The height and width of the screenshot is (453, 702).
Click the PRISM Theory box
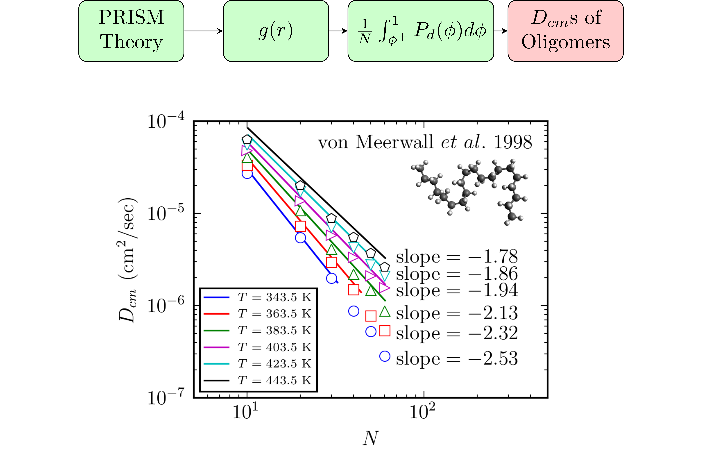coord(131,31)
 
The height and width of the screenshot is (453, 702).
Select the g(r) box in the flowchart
coord(276,31)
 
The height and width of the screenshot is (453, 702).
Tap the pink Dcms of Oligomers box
coord(565,31)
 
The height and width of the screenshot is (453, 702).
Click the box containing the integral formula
coord(421,31)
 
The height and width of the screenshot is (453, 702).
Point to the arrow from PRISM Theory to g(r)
coord(203,31)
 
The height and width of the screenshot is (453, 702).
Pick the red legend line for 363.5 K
coord(216,314)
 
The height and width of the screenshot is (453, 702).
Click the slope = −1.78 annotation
coord(457,257)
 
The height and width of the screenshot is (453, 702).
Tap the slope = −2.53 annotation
coord(457,359)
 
